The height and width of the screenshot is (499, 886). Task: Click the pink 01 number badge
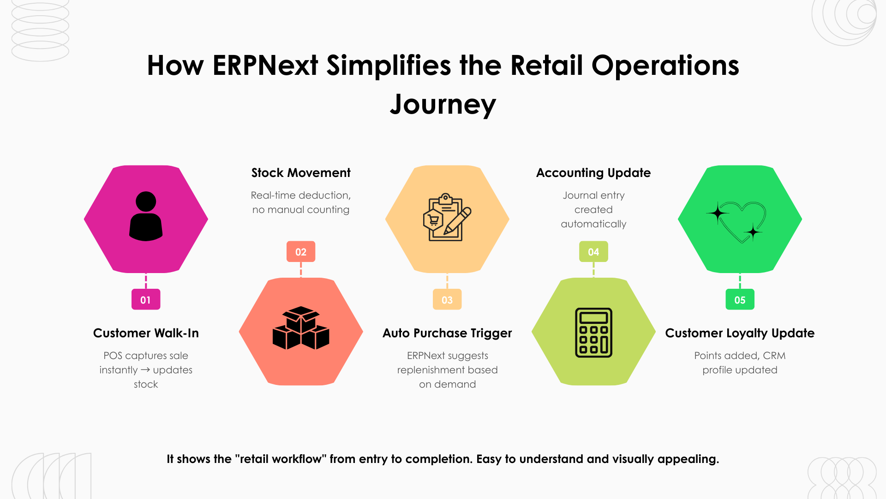pyautogui.click(x=146, y=299)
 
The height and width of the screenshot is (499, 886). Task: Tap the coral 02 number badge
pyautogui.click(x=301, y=252)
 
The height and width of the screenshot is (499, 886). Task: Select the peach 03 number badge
pyautogui.click(x=447, y=299)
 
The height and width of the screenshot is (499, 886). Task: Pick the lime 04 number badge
pyautogui.click(x=593, y=252)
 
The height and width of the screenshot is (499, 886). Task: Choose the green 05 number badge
pyautogui.click(x=740, y=299)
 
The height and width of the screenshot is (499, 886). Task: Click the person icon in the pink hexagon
pyautogui.click(x=146, y=216)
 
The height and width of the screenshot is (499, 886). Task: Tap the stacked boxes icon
pyautogui.click(x=301, y=328)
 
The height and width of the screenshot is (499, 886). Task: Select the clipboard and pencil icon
pyautogui.click(x=447, y=217)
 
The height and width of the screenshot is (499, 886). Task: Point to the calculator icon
pyautogui.click(x=593, y=332)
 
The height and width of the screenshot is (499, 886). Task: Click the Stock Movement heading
pyautogui.click(x=301, y=173)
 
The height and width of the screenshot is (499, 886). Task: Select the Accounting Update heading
pyautogui.click(x=593, y=173)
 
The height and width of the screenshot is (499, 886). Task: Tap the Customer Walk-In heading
pyautogui.click(x=146, y=333)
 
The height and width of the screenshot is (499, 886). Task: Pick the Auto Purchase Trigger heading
pyautogui.click(x=447, y=333)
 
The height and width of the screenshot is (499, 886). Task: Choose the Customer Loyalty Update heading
pyautogui.click(x=740, y=333)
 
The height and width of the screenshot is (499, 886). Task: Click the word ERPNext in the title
pyautogui.click(x=265, y=65)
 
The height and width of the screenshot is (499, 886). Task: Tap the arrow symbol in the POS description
pyautogui.click(x=145, y=370)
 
